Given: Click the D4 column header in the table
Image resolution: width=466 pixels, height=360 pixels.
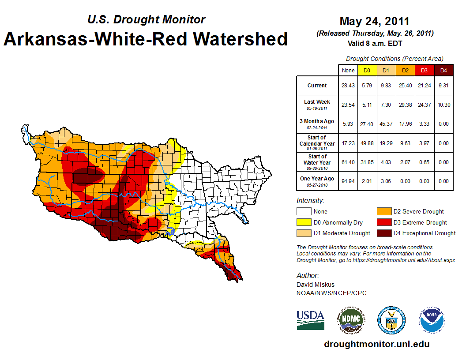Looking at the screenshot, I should point(443,70).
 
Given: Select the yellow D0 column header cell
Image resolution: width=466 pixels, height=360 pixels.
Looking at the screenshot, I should point(367,70).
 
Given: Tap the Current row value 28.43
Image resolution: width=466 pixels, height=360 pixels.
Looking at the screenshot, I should point(348,86).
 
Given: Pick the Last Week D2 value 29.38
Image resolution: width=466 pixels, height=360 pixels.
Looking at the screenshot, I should point(405,105).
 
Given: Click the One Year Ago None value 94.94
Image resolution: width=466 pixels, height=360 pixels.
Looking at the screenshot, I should point(348,181).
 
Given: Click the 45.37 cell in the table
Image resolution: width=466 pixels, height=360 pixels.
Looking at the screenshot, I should point(386,124).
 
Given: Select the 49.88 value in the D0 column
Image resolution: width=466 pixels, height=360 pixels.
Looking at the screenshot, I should point(367,143).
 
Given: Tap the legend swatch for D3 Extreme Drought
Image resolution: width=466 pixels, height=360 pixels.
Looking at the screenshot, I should point(383,222).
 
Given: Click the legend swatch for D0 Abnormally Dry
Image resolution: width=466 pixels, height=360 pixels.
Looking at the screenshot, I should point(303,222).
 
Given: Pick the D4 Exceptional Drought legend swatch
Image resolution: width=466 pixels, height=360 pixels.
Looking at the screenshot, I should point(383,233).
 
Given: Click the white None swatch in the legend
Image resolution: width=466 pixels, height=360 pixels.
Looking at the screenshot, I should point(303,212).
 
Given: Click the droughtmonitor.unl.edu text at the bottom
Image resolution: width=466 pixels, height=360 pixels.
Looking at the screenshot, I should point(376,344).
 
